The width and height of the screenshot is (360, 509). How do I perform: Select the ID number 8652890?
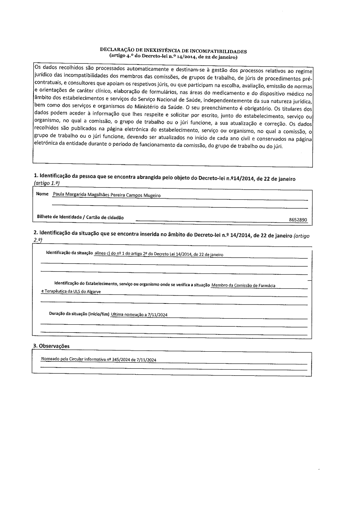pos(298,220)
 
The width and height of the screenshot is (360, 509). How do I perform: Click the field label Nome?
pos(42,194)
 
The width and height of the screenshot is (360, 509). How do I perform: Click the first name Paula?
pos(58,195)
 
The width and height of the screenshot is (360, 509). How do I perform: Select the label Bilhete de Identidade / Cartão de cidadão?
pos(80,217)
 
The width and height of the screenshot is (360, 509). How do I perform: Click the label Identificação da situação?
pos(69,253)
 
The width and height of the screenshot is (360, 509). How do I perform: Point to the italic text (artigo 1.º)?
pos(47,183)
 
